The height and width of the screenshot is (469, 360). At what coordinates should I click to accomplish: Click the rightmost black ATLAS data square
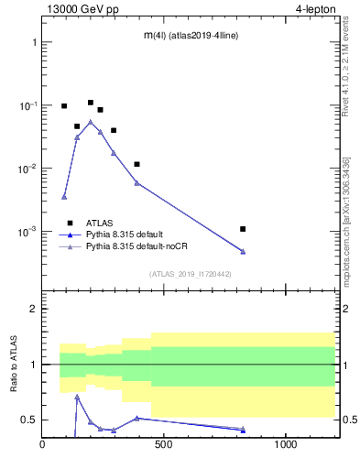243,229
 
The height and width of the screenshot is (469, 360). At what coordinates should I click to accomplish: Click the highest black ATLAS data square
91,103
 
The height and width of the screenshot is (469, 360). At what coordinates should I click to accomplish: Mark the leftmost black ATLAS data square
64,106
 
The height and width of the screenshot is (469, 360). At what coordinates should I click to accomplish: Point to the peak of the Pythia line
90,121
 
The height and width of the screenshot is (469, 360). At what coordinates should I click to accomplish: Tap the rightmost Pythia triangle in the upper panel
243,251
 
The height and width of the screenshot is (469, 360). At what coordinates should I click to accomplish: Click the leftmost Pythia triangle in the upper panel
64,197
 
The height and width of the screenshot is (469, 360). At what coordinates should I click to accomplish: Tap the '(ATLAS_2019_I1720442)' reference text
190,274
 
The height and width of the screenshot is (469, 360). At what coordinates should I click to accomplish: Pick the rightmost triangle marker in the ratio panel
243,430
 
